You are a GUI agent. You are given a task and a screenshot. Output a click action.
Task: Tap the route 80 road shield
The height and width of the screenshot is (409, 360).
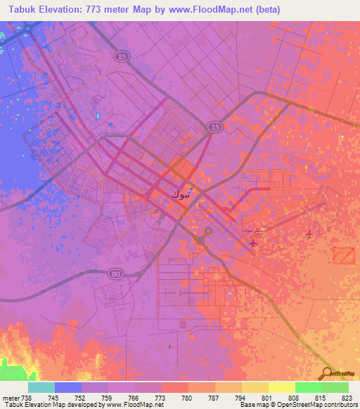coord(115,273)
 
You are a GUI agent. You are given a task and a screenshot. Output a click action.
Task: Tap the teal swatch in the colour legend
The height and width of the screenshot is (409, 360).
coord(41,387)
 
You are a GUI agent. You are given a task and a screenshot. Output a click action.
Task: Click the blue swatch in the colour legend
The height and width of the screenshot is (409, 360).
coord(68,387)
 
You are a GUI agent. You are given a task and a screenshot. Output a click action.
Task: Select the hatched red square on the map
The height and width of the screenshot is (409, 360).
coord(344,255)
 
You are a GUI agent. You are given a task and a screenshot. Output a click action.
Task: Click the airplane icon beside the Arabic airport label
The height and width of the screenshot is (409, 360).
coord(253,243)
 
